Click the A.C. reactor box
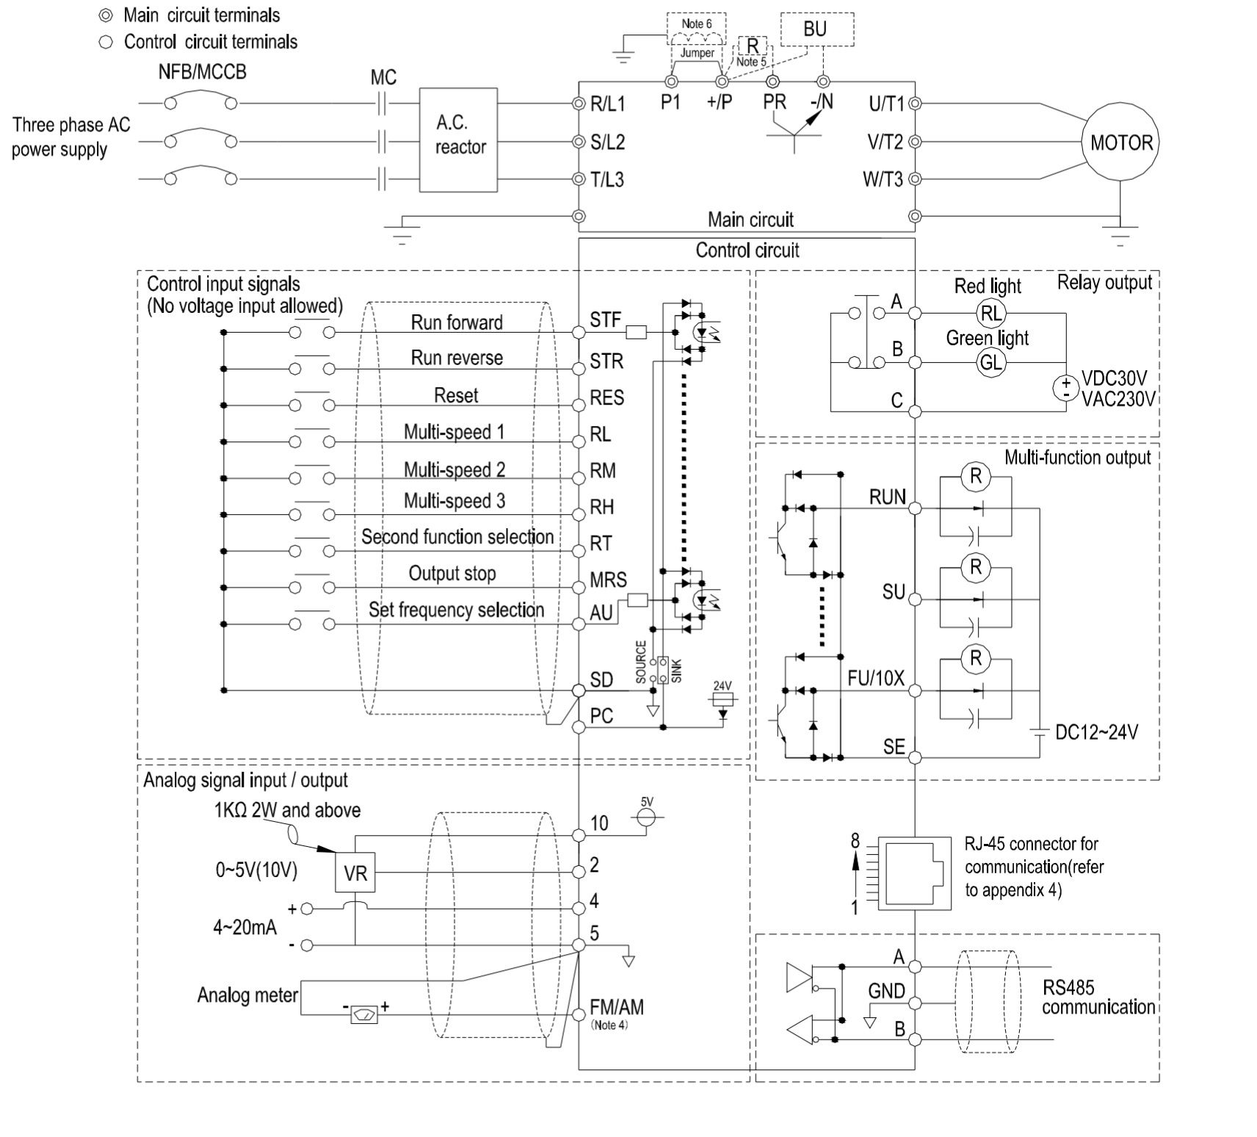point(459,140)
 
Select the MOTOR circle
point(1120,142)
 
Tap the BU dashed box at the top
point(816,29)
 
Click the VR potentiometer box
point(355,873)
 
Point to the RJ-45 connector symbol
point(914,873)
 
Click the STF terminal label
point(605,320)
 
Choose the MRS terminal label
point(608,580)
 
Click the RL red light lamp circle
point(990,314)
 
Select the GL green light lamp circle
point(990,362)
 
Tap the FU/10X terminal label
point(875,678)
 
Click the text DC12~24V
point(1096,732)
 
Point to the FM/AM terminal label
point(616,1007)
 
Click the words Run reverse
point(457,358)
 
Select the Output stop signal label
point(452,574)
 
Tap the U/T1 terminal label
point(886,104)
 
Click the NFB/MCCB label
point(202,72)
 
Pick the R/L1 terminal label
point(607,104)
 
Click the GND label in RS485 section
point(886,991)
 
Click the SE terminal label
point(894,747)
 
